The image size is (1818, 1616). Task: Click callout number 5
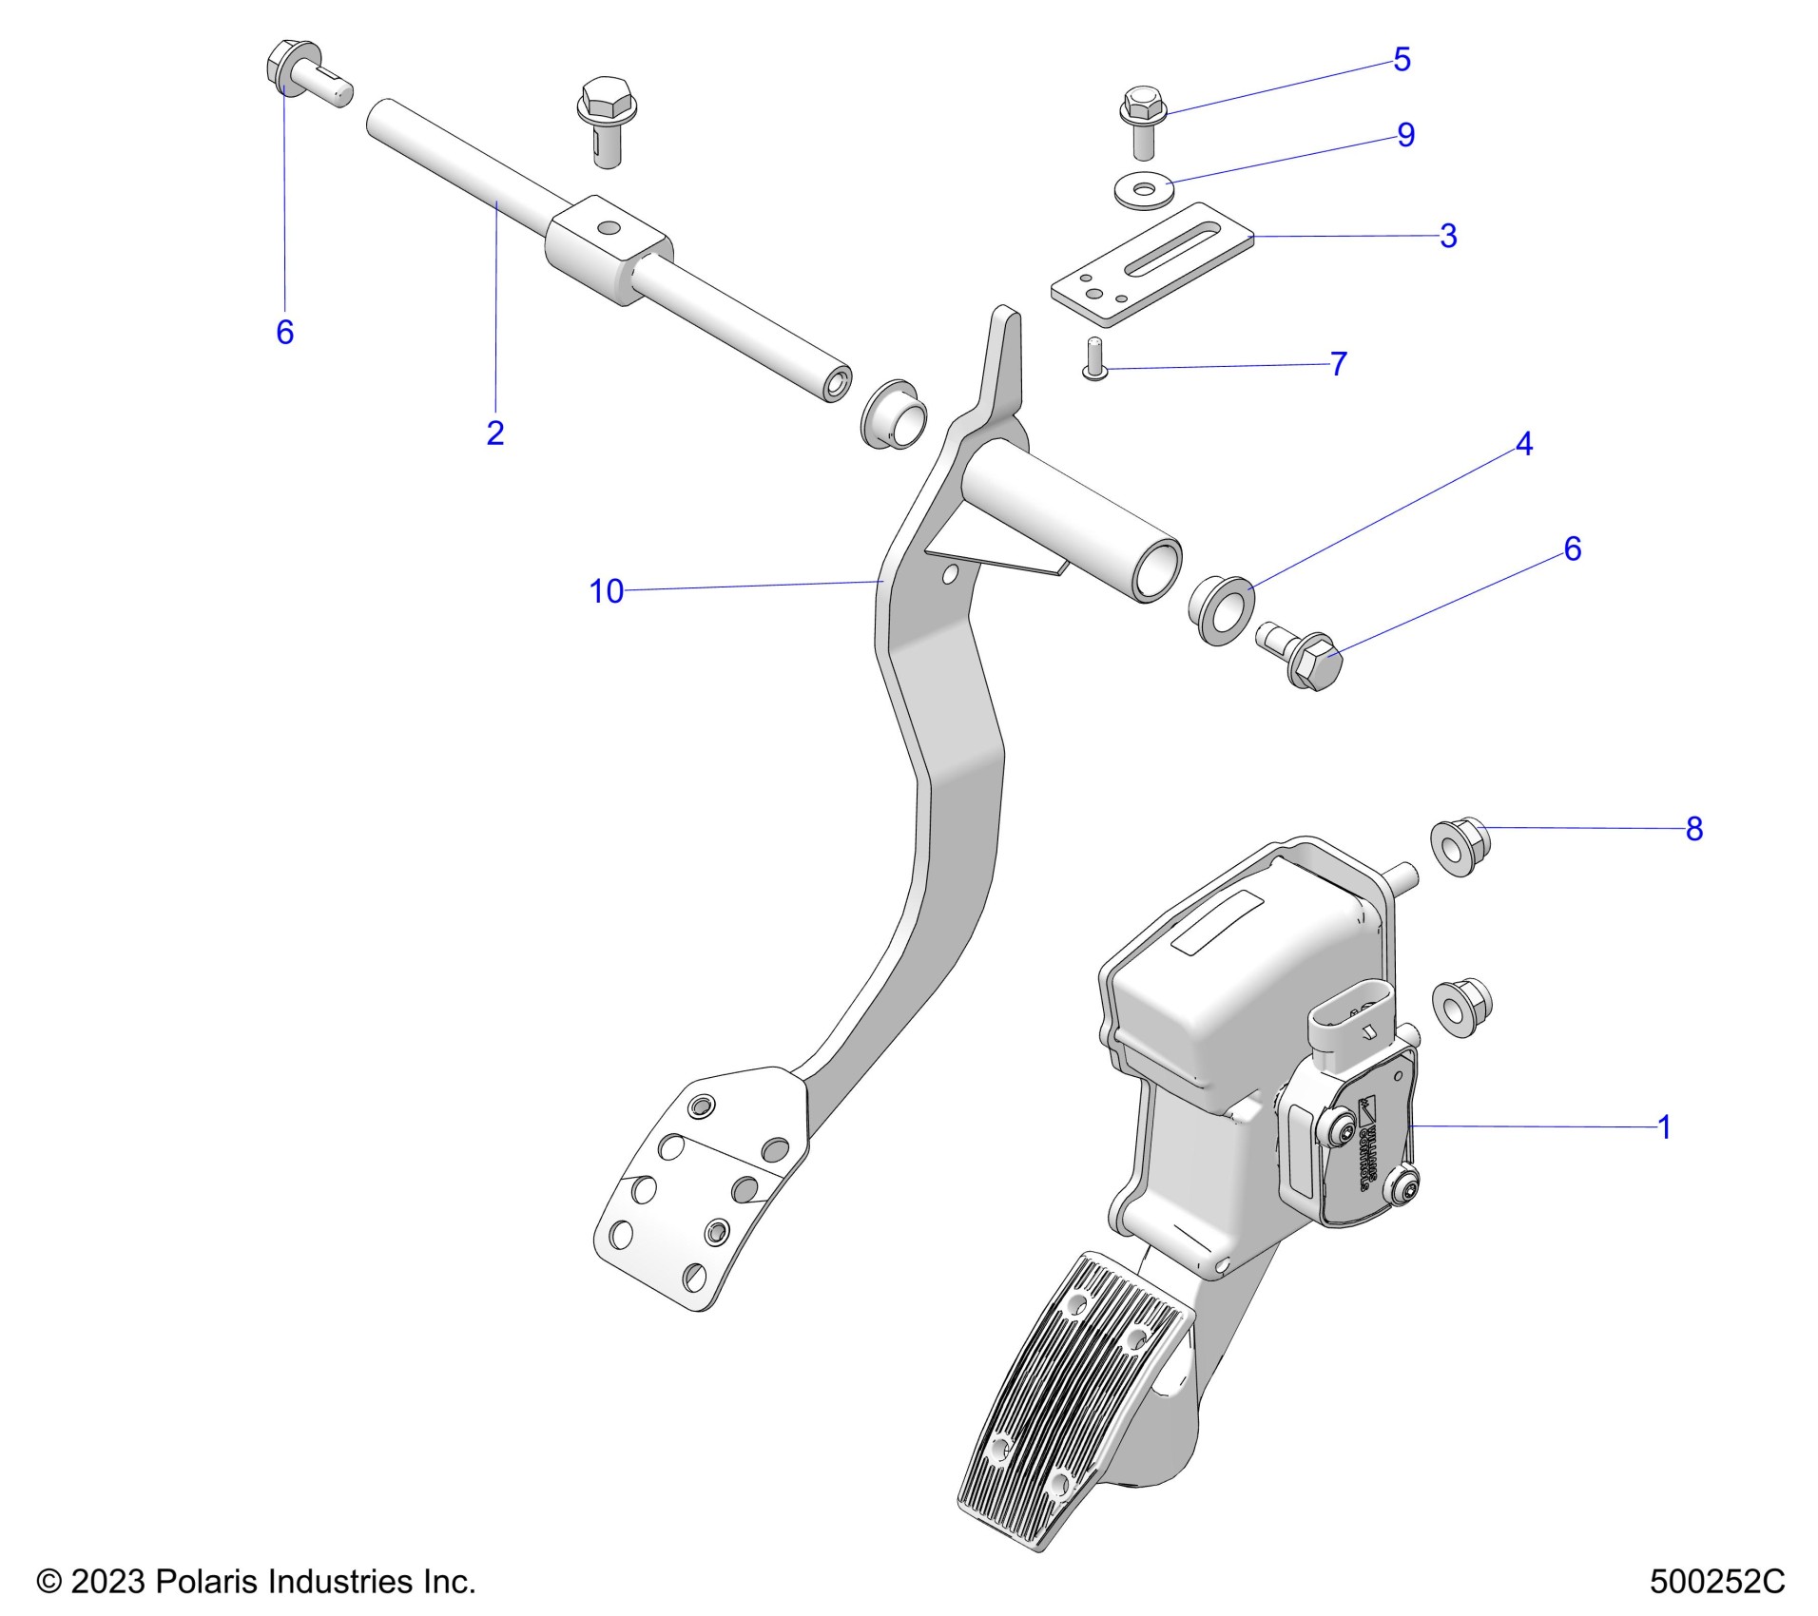[x=1402, y=60]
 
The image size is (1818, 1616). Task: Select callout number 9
[x=1405, y=135]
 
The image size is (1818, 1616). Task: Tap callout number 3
[x=1447, y=236]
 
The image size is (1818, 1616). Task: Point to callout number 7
[x=1338, y=363]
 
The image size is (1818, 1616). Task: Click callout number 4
[x=1523, y=444]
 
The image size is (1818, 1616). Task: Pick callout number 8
[x=1693, y=829]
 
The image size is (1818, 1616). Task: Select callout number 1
[x=1663, y=1127]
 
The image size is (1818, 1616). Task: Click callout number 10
[x=606, y=591]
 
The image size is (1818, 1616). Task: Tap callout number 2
[x=494, y=433]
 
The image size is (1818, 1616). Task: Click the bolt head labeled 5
[x=1141, y=105]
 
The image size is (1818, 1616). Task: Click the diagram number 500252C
[x=1716, y=1582]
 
